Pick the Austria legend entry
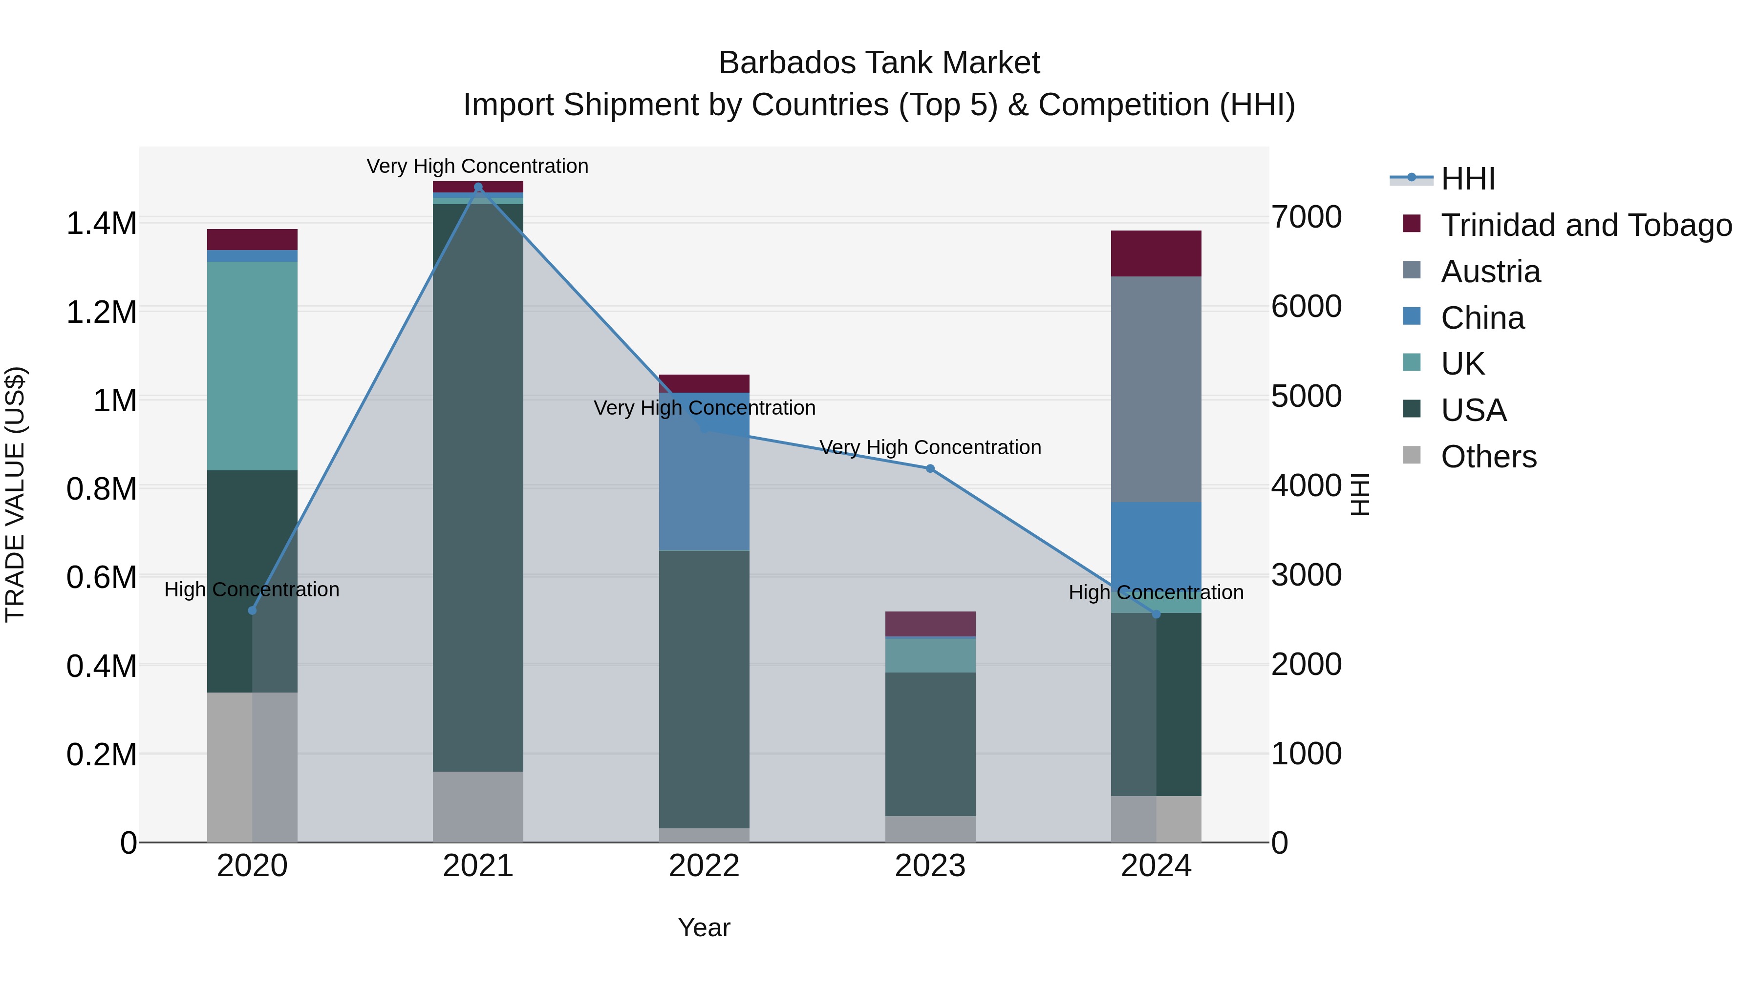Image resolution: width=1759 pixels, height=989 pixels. click(x=1490, y=272)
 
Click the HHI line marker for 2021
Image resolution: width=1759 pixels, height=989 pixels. click(x=478, y=187)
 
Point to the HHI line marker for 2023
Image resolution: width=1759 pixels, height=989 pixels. click(x=930, y=469)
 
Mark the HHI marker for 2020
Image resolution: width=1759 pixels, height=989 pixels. click(x=252, y=610)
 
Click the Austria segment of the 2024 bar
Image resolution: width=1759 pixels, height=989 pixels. click(x=1156, y=389)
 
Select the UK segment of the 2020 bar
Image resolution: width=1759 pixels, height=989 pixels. click(x=252, y=366)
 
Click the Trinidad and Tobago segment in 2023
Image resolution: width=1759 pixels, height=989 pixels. click(x=930, y=624)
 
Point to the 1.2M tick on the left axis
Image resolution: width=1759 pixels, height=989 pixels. click(x=101, y=312)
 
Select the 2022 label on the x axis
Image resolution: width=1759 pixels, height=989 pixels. click(x=704, y=866)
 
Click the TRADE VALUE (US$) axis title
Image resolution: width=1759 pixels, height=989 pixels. click(x=15, y=494)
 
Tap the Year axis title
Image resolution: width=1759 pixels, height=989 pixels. click(x=704, y=927)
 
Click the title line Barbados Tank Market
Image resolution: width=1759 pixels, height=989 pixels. click(x=879, y=63)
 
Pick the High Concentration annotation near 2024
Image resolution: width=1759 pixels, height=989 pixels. click(x=1156, y=592)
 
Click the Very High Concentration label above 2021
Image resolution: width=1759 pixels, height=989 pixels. click(x=477, y=166)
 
